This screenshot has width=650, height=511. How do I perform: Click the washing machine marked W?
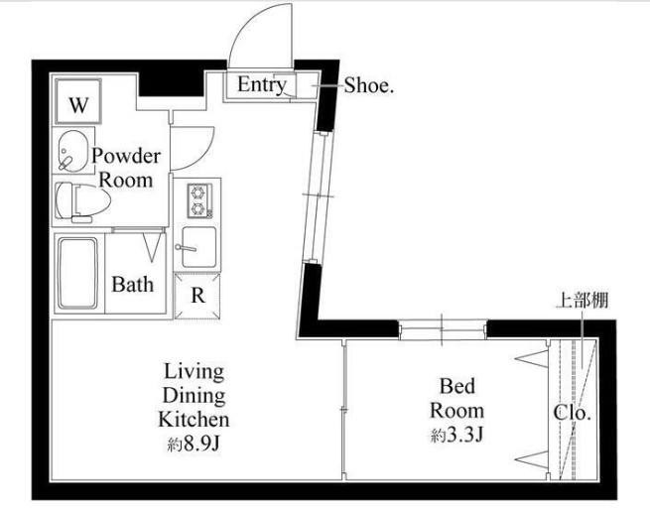(x=78, y=101)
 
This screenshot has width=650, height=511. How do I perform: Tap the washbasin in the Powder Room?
(x=72, y=151)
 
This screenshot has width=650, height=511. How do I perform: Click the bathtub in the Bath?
(x=78, y=273)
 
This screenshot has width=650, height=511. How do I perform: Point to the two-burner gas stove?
(x=199, y=200)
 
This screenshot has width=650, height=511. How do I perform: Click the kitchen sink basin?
(x=199, y=247)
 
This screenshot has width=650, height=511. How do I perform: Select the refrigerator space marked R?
(x=197, y=296)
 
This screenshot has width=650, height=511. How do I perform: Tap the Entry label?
(x=262, y=85)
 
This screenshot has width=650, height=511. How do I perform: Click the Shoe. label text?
(x=368, y=85)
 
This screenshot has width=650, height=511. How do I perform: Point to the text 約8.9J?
(x=194, y=445)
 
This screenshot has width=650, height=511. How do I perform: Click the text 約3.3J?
(x=456, y=436)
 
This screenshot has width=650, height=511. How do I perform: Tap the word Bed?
(x=456, y=386)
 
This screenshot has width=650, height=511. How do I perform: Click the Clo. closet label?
(x=572, y=413)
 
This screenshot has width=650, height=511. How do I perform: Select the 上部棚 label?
(x=582, y=301)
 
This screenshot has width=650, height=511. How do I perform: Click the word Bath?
(x=132, y=285)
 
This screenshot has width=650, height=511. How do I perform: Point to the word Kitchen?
(x=194, y=420)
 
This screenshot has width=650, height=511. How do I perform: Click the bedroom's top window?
(x=443, y=329)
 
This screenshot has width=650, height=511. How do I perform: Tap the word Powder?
(x=126, y=156)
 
